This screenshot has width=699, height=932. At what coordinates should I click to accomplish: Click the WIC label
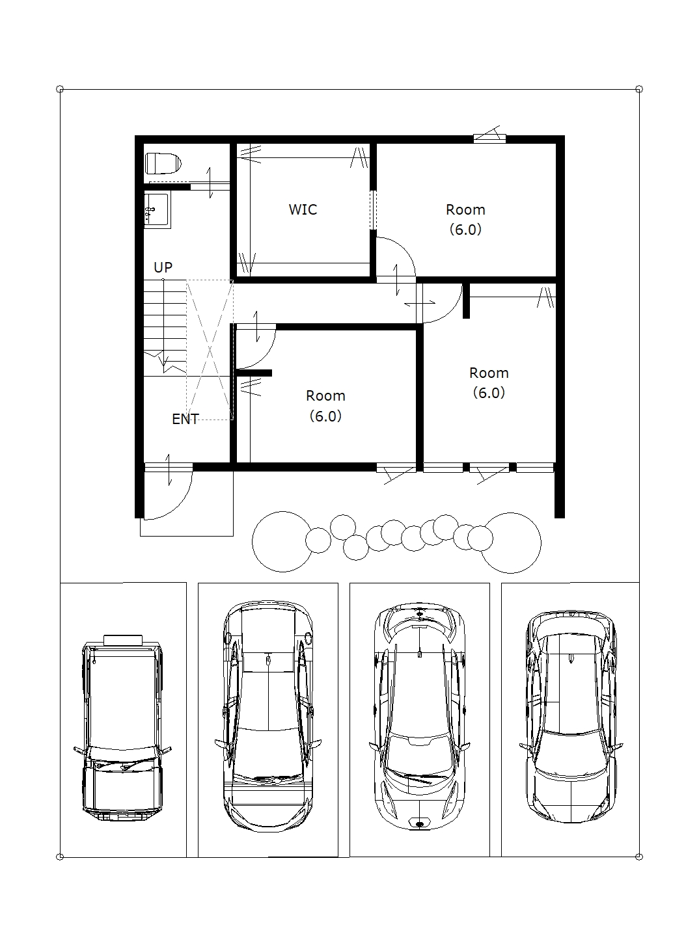point(303,209)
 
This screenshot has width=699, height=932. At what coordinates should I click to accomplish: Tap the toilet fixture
point(163,163)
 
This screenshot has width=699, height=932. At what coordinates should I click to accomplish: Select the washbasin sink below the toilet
point(158,210)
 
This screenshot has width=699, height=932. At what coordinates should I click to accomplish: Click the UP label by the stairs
point(163,267)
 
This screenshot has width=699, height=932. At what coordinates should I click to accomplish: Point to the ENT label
point(185,419)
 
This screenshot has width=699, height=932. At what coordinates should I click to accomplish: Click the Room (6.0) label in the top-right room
point(465,219)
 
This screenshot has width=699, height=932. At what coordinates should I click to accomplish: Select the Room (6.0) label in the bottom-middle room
point(325,405)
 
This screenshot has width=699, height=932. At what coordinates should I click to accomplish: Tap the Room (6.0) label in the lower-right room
point(489,382)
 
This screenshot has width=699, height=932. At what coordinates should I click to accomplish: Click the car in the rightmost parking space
point(571,717)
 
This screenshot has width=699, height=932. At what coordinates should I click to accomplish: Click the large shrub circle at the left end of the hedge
point(282,542)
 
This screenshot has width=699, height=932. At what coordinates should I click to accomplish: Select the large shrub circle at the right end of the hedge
point(510,542)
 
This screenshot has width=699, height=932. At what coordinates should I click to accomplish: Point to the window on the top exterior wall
point(489,137)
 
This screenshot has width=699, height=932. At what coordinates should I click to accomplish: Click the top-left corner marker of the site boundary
point(60,89)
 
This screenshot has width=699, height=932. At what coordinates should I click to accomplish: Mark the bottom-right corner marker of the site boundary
point(639,857)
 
